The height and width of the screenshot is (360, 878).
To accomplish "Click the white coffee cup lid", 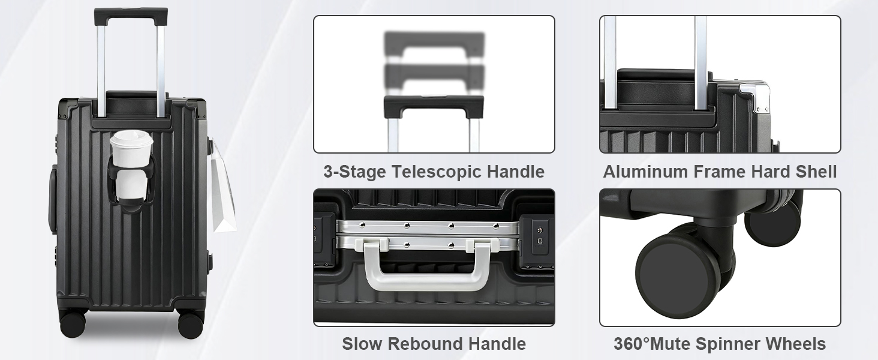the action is pyautogui.click(x=131, y=139).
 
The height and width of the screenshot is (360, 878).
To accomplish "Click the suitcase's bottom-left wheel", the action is pyautogui.click(x=73, y=323).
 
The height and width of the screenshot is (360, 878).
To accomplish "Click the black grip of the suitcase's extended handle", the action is pyautogui.click(x=131, y=15).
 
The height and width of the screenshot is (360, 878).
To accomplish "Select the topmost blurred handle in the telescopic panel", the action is pyautogui.click(x=434, y=44).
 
